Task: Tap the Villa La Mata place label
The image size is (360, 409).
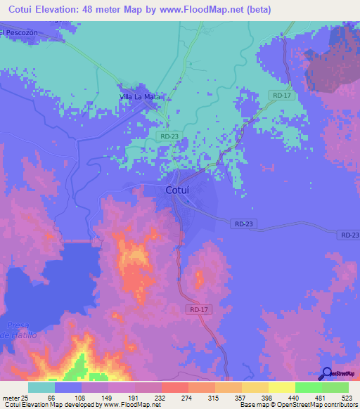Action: click(x=141, y=97)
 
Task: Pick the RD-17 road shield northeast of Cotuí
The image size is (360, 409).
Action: click(x=280, y=93)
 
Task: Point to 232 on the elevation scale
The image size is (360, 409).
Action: click(x=174, y=397)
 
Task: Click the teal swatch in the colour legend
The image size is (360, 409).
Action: click(x=41, y=387)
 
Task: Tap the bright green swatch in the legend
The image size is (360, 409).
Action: click(x=308, y=387)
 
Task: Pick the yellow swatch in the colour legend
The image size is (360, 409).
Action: click(x=281, y=387)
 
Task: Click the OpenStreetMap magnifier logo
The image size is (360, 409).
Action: click(x=326, y=374)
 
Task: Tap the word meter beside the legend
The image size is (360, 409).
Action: click(x=10, y=397)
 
